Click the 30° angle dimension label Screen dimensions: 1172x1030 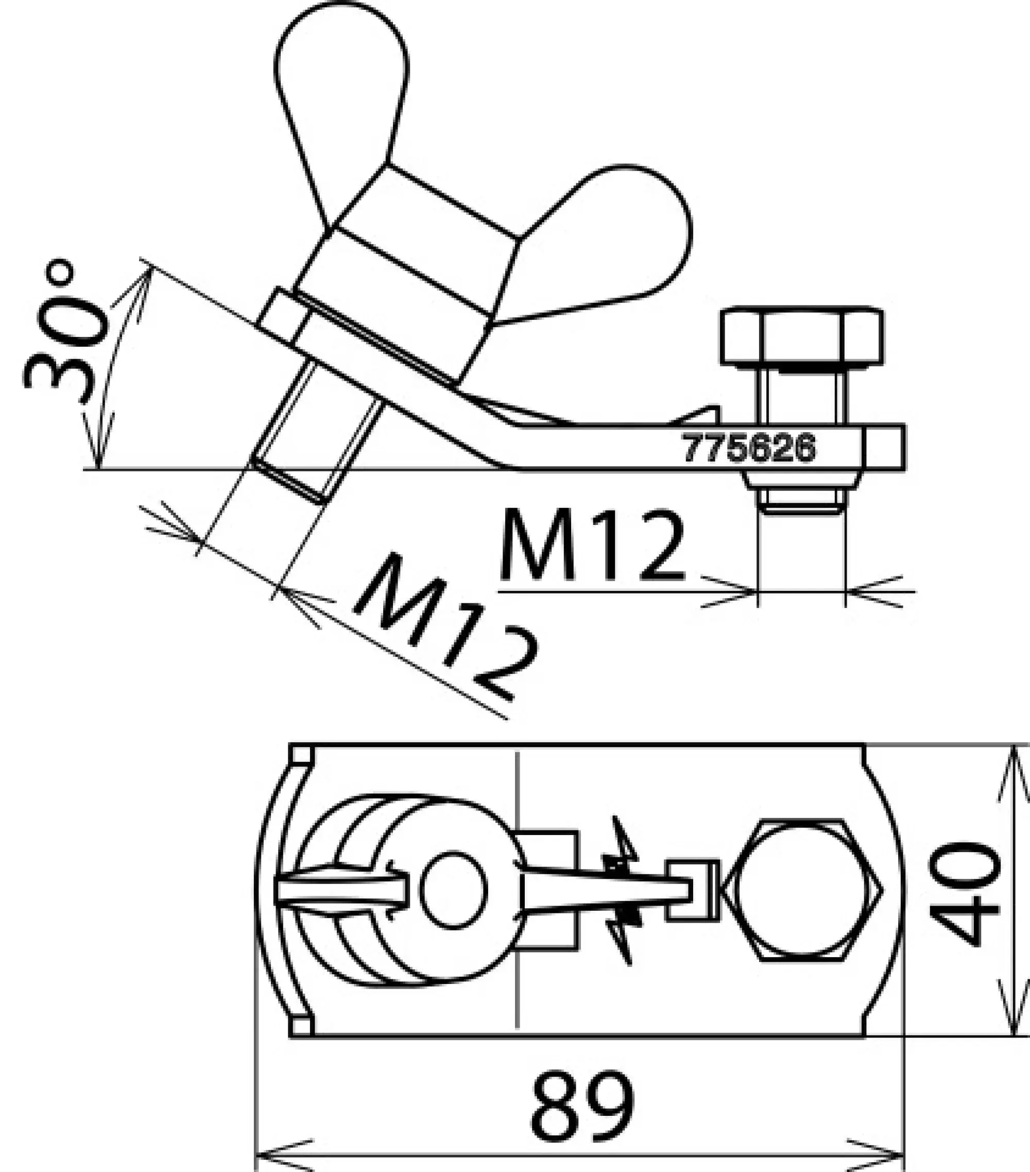(66, 333)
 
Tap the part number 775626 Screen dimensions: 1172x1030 (748, 448)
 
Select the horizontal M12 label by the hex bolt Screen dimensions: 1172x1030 (593, 545)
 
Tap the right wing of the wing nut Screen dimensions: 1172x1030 (619, 241)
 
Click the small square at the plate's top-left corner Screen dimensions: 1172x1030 (301, 756)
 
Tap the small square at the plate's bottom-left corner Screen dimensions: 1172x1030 (301, 1025)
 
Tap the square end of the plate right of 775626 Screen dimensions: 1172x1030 (883, 448)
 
